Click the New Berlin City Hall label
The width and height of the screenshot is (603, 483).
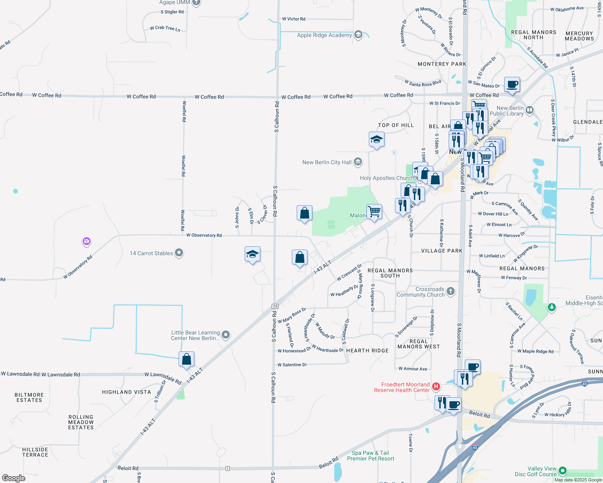click(327, 162)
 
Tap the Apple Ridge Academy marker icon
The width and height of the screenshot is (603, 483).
click(358, 35)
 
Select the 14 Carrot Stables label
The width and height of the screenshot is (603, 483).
click(151, 253)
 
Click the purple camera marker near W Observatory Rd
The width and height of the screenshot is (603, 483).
click(86, 242)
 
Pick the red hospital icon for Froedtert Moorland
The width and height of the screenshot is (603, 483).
click(436, 387)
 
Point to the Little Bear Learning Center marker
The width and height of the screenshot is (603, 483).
click(226, 335)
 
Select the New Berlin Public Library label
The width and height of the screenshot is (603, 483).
click(507, 111)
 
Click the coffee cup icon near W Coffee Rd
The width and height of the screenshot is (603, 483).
click(512, 85)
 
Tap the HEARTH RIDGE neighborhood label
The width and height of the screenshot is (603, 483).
click(367, 351)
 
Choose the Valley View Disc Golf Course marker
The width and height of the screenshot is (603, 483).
click(563, 471)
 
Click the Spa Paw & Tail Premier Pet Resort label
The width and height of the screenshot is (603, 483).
click(370, 456)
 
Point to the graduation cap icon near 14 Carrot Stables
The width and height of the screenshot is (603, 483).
click(252, 254)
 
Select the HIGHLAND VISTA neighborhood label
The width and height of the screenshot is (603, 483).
click(126, 392)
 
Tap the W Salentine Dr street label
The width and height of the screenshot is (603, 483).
click(292, 365)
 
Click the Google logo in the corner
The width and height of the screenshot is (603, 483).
click(14, 478)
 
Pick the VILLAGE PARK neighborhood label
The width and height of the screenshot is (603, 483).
click(442, 251)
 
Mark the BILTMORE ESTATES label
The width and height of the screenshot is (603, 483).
click(29, 397)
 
